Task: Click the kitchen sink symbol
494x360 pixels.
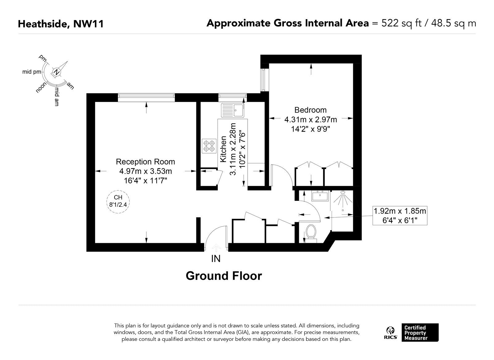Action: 233,110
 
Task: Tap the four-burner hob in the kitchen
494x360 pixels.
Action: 209,146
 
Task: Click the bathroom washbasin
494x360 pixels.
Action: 320,196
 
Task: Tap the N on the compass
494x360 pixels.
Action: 57,72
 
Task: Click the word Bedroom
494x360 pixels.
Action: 310,110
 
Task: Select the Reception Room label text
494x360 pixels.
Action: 145,162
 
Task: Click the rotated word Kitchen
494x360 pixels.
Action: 224,149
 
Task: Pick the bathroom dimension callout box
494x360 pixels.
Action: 400,216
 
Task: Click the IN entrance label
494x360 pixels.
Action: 216,259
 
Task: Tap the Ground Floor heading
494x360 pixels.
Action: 224,276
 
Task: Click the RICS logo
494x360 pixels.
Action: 391,332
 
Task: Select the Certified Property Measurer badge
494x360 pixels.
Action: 420,332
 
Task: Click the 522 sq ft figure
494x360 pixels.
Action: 401,23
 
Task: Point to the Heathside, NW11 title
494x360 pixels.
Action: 61,24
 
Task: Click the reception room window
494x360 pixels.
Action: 146,98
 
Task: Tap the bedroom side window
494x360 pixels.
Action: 263,80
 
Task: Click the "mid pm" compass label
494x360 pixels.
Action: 31,72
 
